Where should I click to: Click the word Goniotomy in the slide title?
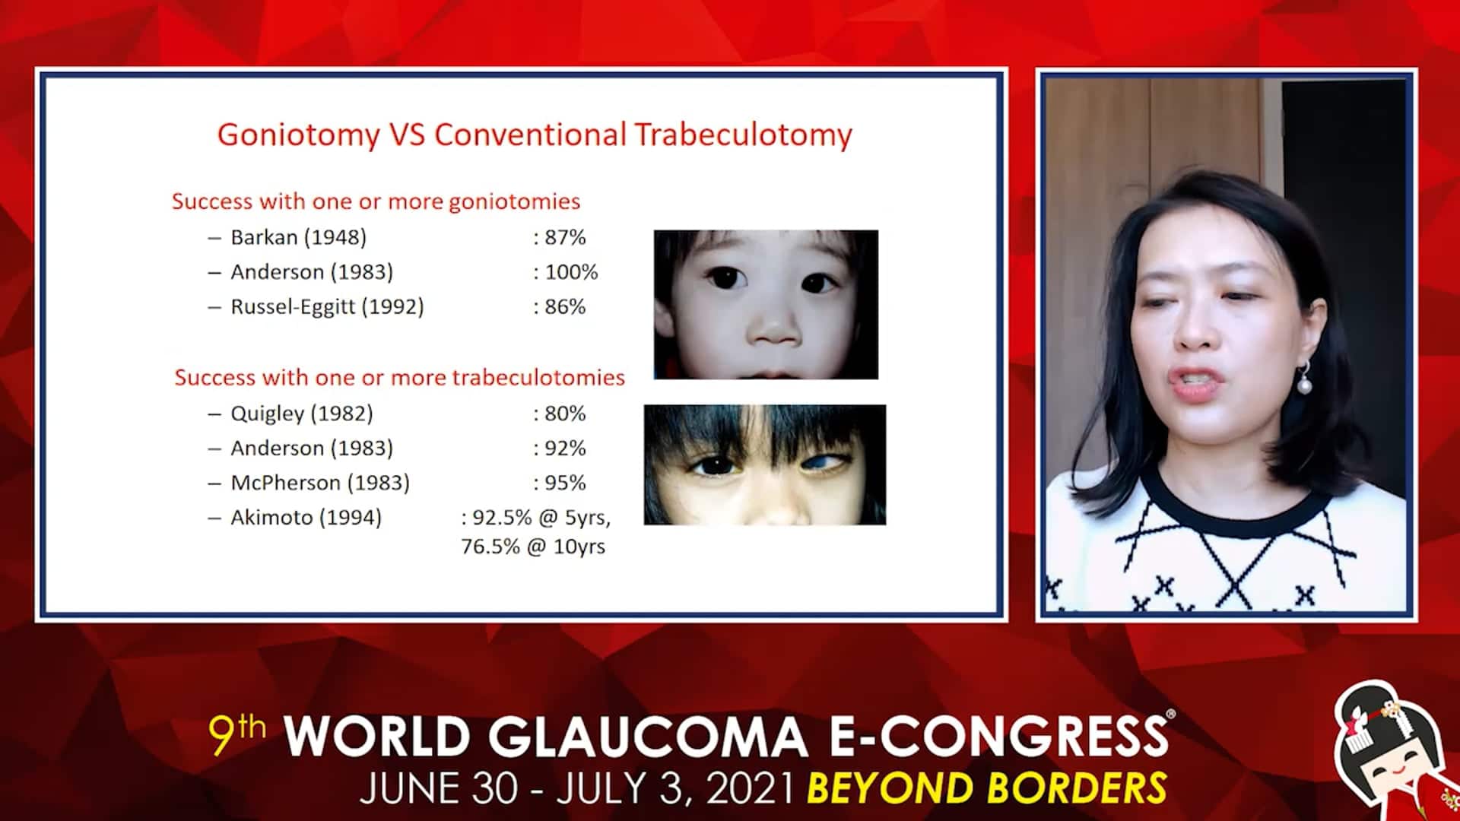coord(298,135)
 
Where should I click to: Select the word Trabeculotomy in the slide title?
coord(743,135)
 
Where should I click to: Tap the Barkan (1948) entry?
coord(298,237)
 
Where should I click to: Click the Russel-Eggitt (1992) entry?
coord(327,307)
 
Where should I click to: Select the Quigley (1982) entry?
coord(302,414)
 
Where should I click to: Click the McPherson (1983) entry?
coord(320,483)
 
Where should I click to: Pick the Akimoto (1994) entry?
coord(306,518)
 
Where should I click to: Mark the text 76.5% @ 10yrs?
coord(533,547)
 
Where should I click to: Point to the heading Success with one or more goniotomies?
coord(376,201)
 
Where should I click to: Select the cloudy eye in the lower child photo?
coord(823,462)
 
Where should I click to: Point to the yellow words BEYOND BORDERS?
coord(986,788)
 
